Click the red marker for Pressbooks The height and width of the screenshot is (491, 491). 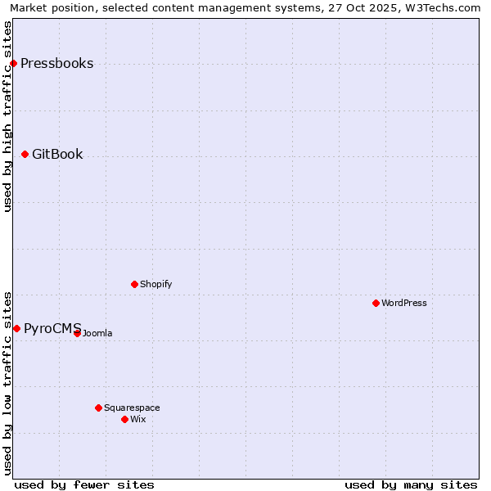(13, 63)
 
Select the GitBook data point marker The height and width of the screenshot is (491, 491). (25, 154)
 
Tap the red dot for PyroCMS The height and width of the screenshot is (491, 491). (16, 328)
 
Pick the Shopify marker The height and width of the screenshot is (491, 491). (134, 284)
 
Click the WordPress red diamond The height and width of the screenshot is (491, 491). (376, 303)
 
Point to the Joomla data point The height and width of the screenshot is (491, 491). (77, 333)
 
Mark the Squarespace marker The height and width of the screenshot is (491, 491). (98, 408)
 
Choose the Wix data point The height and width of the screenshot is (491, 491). (124, 419)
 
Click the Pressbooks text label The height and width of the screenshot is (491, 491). (56, 64)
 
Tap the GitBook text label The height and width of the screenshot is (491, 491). (57, 155)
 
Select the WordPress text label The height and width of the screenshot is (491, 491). (404, 304)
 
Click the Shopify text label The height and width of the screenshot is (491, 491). (156, 285)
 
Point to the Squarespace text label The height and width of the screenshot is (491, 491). (132, 408)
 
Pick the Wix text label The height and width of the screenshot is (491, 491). (138, 420)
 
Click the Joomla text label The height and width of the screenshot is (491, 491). (97, 334)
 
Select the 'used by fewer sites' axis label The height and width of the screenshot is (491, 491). (84, 484)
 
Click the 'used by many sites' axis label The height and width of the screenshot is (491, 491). (411, 484)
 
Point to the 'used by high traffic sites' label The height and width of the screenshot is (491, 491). (8, 116)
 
